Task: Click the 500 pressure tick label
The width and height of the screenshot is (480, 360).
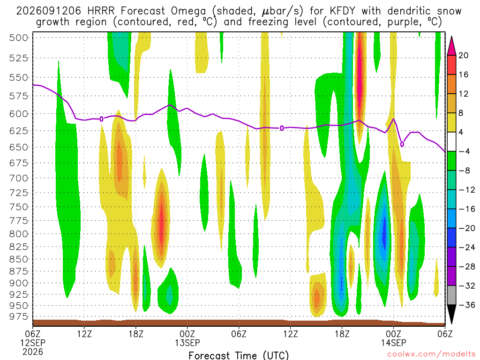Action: [x=18, y=37]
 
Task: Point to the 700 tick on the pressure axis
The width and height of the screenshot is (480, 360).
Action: [x=18, y=178]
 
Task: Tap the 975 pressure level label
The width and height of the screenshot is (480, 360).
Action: [x=18, y=316]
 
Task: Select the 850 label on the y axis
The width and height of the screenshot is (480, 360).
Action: [x=18, y=259]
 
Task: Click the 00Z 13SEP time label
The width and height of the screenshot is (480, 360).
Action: [x=187, y=338]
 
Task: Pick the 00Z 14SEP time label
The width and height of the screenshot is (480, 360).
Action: [x=393, y=338]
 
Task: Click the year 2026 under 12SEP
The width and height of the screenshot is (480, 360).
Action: [x=33, y=352]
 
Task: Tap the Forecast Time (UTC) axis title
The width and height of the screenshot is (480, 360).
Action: [x=239, y=355]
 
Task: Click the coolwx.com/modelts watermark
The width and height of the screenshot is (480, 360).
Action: [x=431, y=354]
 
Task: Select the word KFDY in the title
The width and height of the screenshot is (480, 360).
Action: [x=343, y=11]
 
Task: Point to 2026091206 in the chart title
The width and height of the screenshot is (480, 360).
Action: [x=49, y=11]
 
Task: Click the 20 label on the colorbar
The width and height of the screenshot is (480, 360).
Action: [x=463, y=55]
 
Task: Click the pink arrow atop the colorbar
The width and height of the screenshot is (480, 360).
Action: [x=451, y=46]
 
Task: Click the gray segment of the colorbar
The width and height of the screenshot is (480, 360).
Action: [x=451, y=295]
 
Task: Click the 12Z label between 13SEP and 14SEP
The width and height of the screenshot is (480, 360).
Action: [x=290, y=334]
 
